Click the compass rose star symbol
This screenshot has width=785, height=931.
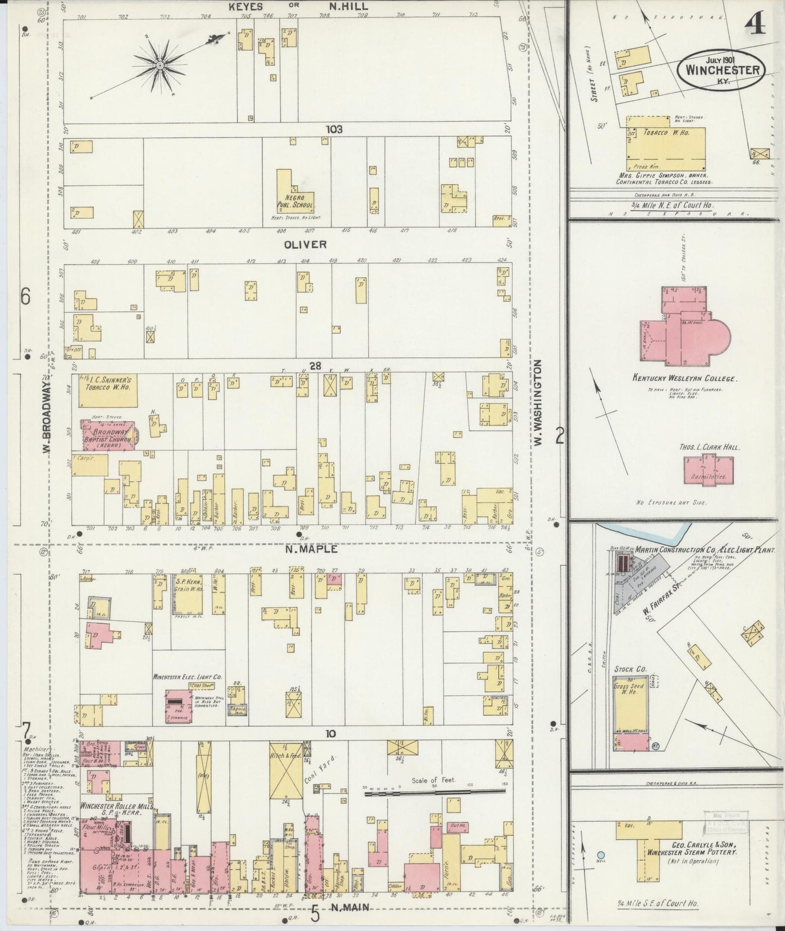click(x=160, y=66)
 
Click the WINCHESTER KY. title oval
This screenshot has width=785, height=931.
click(x=721, y=70)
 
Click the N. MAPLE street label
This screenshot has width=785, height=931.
click(x=311, y=549)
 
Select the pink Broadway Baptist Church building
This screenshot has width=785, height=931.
click(x=108, y=435)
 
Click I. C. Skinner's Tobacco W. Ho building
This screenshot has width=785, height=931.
click(x=107, y=390)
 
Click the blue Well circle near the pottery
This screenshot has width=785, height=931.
click(x=601, y=854)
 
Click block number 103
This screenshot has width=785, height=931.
click(x=334, y=129)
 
